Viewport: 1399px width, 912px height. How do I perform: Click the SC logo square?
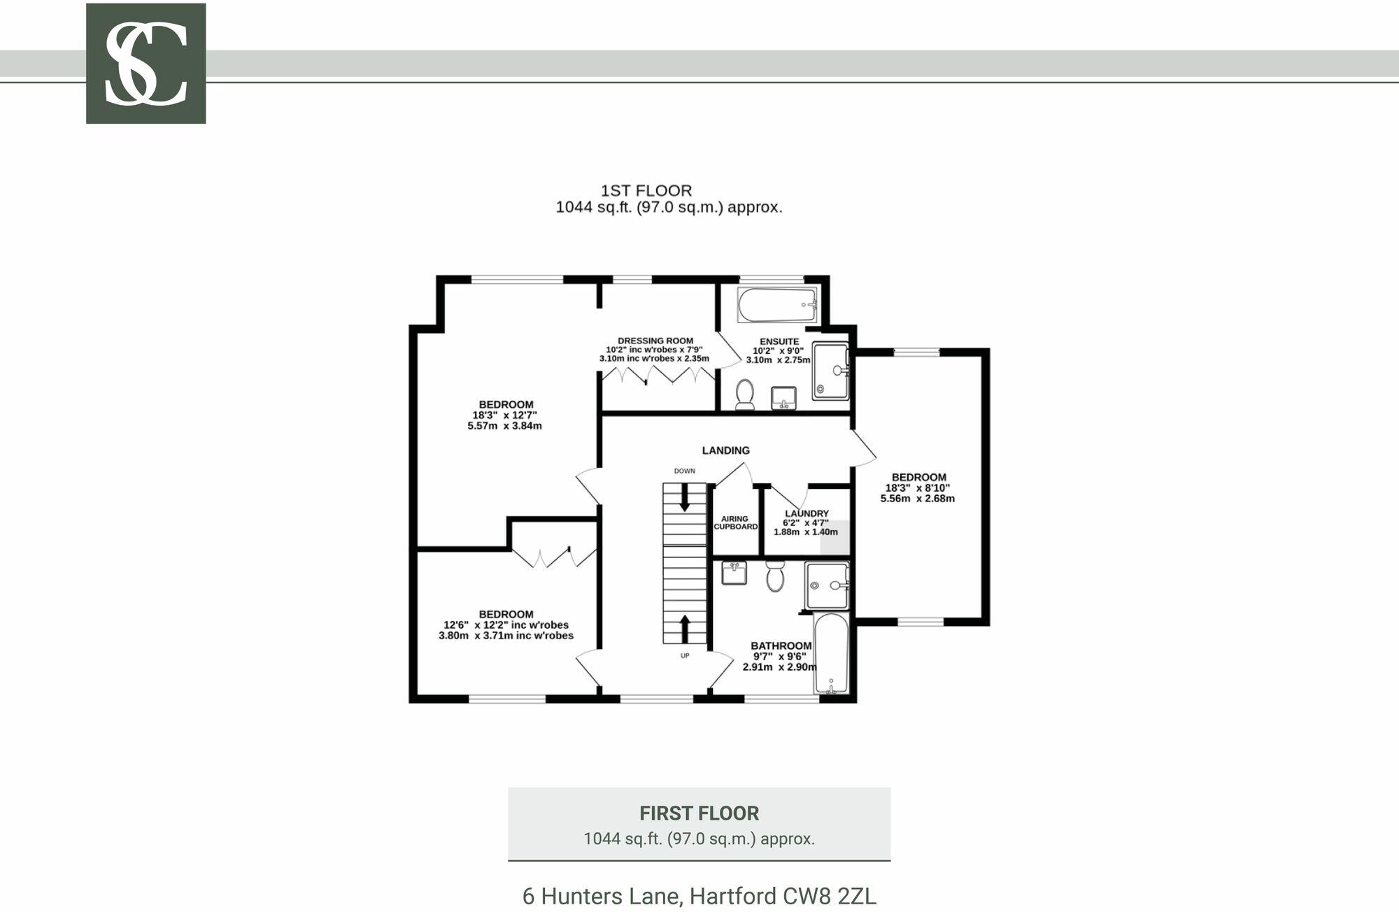click(x=145, y=64)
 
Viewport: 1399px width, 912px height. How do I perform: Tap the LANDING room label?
click(x=725, y=450)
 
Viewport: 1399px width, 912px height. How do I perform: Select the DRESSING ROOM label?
click(x=655, y=341)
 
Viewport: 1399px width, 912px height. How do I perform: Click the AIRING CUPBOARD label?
click(x=735, y=522)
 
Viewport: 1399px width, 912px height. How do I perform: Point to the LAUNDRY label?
click(x=806, y=513)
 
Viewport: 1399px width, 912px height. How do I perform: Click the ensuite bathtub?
click(x=776, y=305)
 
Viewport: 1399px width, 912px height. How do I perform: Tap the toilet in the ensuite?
click(x=744, y=394)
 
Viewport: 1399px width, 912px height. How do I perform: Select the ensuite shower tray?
click(x=830, y=371)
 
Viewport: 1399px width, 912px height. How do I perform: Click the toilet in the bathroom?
click(x=774, y=576)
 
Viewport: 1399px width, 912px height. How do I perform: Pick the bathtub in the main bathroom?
click(x=831, y=654)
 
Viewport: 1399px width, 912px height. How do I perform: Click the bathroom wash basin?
click(x=734, y=573)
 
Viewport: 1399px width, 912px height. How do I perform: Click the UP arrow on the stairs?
click(x=684, y=629)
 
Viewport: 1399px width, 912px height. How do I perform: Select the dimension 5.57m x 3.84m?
click(x=504, y=425)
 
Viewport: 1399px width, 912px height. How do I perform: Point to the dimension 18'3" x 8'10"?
click(x=918, y=488)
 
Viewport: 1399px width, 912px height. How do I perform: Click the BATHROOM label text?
click(x=781, y=646)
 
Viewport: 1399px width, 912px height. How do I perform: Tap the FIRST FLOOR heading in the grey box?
click(x=698, y=813)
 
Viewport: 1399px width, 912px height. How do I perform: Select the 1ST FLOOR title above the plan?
click(x=646, y=190)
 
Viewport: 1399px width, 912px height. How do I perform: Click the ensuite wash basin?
click(x=783, y=398)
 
